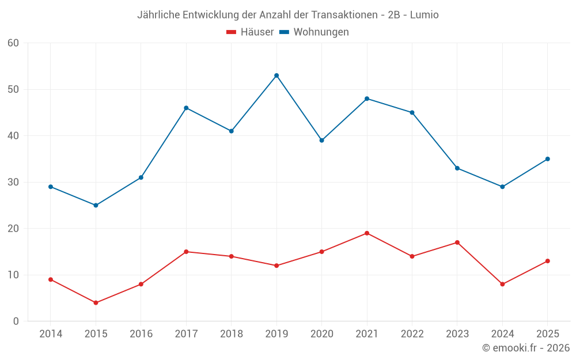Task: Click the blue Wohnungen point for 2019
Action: pyautogui.click(x=276, y=75)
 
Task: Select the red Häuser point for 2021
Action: pyautogui.click(x=367, y=233)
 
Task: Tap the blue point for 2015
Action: pyautogui.click(x=96, y=206)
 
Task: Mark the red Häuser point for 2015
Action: pyautogui.click(x=96, y=303)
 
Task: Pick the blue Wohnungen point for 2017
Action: pyautogui.click(x=186, y=108)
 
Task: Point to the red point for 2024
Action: pyautogui.click(x=502, y=285)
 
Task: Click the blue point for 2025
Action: pyautogui.click(x=548, y=159)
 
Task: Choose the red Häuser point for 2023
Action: pyautogui.click(x=457, y=242)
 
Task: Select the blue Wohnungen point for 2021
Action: pyautogui.click(x=367, y=99)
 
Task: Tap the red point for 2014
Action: pyautogui.click(x=51, y=279)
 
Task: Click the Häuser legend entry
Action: pyautogui.click(x=250, y=32)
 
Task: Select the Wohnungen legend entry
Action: pyautogui.click(x=314, y=32)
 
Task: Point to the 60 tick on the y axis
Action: pyautogui.click(x=13, y=43)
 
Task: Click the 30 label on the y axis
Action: pyautogui.click(x=13, y=182)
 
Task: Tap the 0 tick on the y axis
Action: pyautogui.click(x=16, y=321)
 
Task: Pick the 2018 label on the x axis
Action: pyautogui.click(x=232, y=334)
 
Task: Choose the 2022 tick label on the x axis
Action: pyautogui.click(x=412, y=334)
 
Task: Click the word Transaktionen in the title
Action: pyautogui.click(x=344, y=15)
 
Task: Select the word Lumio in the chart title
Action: pyautogui.click(x=425, y=15)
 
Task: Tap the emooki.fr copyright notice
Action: pyautogui.click(x=526, y=347)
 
